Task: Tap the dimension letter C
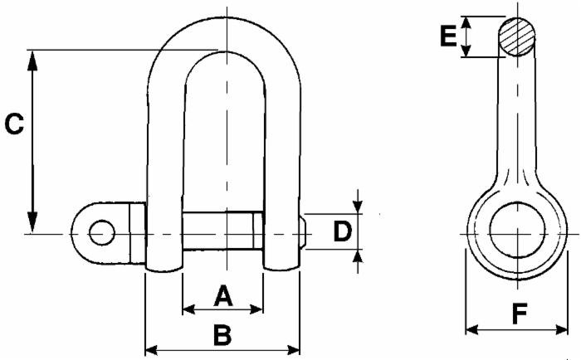coord(14,124)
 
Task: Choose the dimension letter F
coord(519,314)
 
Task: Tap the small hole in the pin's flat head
coord(102,232)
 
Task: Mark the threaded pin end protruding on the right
coord(305,233)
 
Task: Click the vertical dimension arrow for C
coord(33,141)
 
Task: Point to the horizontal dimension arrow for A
coord(222,309)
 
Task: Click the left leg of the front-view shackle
coord(165,166)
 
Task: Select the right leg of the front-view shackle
coord(281,166)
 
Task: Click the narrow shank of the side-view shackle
coord(516,124)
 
